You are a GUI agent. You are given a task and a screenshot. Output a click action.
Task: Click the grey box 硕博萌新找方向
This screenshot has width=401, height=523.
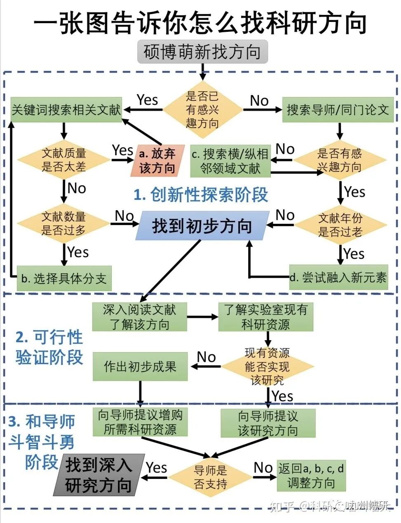202,52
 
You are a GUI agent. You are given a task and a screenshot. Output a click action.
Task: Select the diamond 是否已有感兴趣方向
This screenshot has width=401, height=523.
202,110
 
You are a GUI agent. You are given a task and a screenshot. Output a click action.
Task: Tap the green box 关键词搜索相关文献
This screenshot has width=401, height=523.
66,110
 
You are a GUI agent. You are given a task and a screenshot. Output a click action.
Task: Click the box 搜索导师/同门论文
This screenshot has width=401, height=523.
338,110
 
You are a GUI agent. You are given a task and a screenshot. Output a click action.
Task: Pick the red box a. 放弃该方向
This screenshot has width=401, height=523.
157,161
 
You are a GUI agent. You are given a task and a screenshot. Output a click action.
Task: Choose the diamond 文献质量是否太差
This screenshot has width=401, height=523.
63,160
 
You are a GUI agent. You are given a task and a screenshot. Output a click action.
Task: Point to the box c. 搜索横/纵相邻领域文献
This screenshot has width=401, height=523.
230,161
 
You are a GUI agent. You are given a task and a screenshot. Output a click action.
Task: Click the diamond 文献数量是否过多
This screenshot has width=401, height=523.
63,223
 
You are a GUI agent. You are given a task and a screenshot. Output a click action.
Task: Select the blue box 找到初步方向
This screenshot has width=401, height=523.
202,226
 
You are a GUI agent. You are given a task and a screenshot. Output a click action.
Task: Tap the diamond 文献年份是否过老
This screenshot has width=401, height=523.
340,225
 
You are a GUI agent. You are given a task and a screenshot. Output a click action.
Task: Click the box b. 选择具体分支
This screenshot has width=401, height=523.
64,278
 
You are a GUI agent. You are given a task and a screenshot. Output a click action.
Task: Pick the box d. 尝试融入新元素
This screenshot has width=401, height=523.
338,277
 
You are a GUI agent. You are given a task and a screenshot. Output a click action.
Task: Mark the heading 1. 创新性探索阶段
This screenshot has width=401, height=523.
201,195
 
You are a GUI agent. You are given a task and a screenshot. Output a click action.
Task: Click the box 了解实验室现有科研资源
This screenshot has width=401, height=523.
266,317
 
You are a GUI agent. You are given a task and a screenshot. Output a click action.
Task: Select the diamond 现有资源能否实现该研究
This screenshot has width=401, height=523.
267,367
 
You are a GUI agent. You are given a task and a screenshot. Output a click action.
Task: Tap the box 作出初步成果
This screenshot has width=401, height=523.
140,366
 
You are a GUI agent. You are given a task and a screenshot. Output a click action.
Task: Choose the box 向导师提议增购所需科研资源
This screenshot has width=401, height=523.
140,422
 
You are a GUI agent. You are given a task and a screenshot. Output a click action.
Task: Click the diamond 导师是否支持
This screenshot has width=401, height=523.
210,477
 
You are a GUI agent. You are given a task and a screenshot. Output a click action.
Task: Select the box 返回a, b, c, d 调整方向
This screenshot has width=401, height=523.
311,476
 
